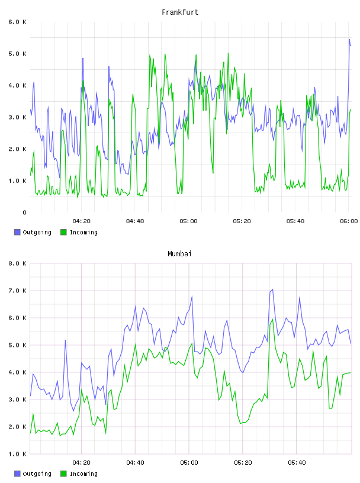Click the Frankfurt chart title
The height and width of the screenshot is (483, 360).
(180, 12)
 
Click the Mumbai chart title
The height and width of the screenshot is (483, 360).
(179, 254)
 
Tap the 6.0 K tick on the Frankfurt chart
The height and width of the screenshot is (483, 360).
(17, 22)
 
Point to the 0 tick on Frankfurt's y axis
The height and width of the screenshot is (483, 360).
(24, 212)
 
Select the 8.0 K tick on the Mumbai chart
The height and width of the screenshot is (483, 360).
(17, 263)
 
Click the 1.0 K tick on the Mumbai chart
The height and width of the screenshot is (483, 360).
(17, 454)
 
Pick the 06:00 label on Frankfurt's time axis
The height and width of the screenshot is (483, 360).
(349, 221)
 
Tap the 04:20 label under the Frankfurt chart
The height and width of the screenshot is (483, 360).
(82, 221)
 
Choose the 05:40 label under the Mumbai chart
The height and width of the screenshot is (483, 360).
(297, 463)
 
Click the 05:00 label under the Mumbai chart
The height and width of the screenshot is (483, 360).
(189, 463)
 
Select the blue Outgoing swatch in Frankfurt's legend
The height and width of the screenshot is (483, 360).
(17, 232)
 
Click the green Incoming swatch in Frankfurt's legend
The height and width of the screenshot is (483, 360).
(63, 232)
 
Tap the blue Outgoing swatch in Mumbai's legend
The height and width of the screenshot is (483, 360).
(17, 474)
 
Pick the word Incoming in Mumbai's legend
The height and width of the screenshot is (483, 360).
(83, 474)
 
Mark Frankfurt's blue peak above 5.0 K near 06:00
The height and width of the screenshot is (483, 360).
(349, 40)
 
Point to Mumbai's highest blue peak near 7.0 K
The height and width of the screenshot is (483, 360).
(272, 289)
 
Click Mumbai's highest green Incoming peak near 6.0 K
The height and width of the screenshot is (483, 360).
(272, 320)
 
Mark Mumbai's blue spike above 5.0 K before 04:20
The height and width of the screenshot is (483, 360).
(65, 340)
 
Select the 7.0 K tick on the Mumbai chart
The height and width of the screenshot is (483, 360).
(17, 291)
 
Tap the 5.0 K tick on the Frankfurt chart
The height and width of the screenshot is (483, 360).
(17, 54)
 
